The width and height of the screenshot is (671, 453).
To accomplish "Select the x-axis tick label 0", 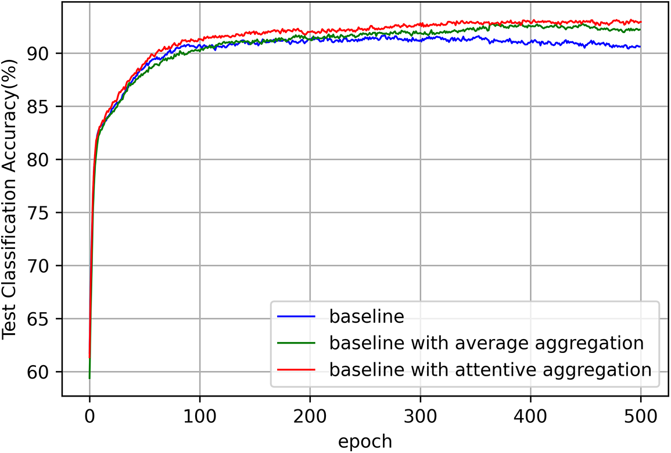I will pos(89,416).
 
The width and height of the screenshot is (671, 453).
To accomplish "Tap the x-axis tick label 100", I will pos(200,416).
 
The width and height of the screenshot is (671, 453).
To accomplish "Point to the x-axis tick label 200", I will pos(310,416).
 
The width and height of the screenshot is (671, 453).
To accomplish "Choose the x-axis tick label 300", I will pos(420,416).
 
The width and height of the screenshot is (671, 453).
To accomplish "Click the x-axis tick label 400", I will pos(530,416).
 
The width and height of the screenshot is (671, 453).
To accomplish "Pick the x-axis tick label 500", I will pos(640,416).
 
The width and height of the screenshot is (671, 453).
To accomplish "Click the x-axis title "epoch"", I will pos(365,441).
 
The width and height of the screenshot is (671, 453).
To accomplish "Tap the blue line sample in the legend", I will pos(296,317).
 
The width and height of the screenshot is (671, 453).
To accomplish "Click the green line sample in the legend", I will pos(296,343).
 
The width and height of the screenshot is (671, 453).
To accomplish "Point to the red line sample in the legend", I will pos(296,369).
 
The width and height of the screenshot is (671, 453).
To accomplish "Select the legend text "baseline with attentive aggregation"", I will pos(490,370).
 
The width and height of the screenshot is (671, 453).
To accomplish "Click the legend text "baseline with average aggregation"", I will pos(486,343).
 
